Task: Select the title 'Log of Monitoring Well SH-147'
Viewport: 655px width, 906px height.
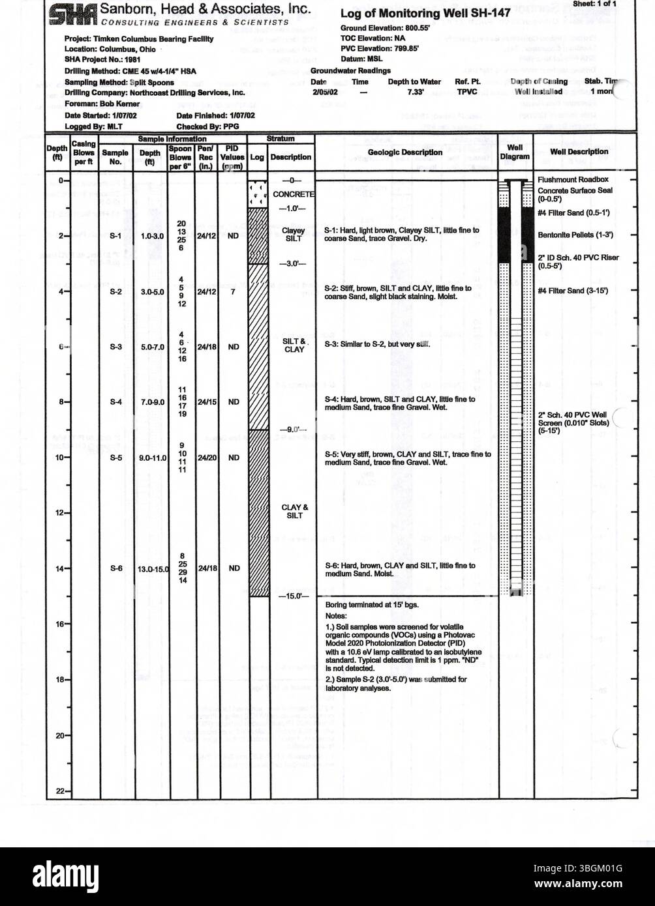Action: (x=425, y=13)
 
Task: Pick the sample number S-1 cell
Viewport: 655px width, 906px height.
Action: (x=115, y=236)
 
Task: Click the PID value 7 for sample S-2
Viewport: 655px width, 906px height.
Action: (x=233, y=291)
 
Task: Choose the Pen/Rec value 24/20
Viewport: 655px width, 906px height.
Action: (x=207, y=458)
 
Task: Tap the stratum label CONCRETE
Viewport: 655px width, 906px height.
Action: (x=294, y=194)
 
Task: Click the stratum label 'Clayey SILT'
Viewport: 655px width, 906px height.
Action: (x=294, y=235)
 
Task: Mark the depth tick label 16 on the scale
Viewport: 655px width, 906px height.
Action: (x=59, y=624)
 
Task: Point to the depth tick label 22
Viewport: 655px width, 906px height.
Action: (x=59, y=791)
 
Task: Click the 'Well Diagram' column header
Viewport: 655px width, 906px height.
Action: (x=515, y=153)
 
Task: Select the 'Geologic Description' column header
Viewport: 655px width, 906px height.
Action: (x=404, y=153)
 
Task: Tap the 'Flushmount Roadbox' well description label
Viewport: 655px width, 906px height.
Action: (x=572, y=179)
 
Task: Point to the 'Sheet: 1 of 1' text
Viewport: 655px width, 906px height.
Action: (x=594, y=4)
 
